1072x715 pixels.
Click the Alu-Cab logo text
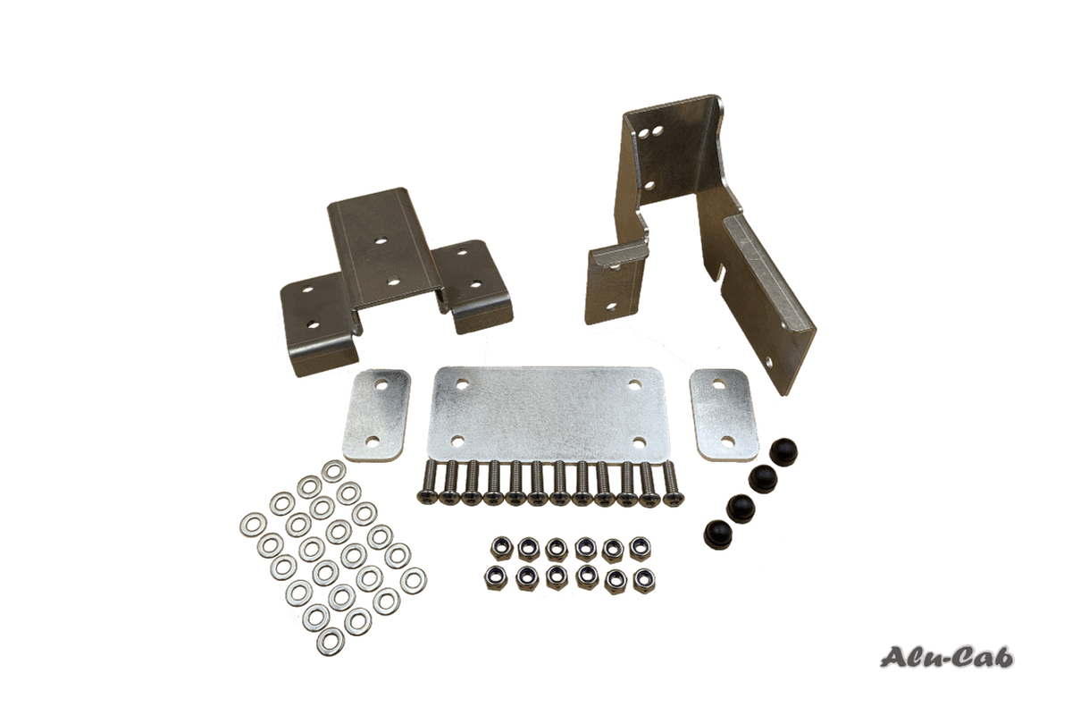(x=947, y=658)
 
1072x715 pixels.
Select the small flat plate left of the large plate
(x=377, y=414)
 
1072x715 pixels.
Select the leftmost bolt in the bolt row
(x=428, y=484)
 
